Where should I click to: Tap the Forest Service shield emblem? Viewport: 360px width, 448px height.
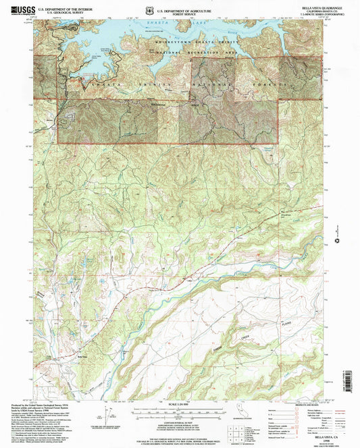click(149, 9)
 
